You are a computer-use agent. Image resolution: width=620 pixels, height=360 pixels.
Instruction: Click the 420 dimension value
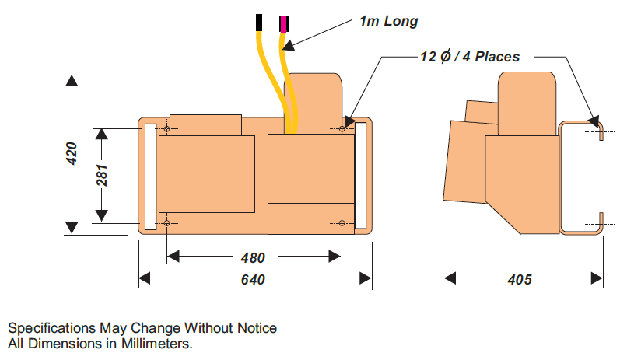72,154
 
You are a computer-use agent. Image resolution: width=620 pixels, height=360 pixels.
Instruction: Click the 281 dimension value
102,175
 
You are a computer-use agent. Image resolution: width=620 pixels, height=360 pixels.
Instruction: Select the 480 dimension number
253,257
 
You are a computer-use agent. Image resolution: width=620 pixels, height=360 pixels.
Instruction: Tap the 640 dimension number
254,280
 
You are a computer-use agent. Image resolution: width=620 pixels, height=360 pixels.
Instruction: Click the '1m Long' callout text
387,21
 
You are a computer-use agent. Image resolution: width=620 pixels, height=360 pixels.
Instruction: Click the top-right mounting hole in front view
342,128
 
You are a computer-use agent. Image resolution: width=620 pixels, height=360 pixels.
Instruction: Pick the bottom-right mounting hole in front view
342,223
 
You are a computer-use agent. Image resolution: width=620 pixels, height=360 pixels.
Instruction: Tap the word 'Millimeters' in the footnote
156,342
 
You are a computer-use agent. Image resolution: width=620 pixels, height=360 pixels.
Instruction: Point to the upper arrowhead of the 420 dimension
72,81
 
